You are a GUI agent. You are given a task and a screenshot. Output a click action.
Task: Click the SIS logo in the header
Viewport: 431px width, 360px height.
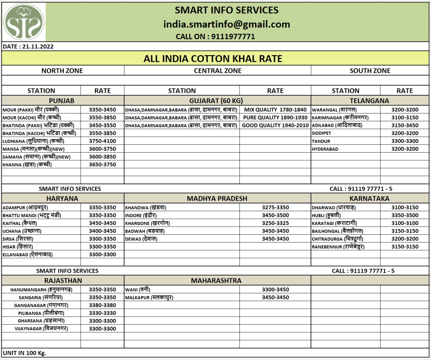[24, 22]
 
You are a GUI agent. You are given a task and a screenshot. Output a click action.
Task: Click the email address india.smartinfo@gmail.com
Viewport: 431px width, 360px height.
[226, 24]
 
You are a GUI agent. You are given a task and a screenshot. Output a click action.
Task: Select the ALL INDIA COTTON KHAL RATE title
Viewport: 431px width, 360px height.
[213, 59]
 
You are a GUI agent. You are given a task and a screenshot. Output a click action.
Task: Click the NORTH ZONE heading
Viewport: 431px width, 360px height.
[62, 71]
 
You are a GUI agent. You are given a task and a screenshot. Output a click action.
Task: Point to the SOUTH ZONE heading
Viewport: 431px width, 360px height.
[370, 71]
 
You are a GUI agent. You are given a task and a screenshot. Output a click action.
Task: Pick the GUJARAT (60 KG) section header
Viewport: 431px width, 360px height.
[216, 101]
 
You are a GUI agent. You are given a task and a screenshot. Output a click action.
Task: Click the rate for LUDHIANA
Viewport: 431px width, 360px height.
[102, 141]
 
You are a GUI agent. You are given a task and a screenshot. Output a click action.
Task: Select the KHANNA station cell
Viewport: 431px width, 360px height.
[27, 165]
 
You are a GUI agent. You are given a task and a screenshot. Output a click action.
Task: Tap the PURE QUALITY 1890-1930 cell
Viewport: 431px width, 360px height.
[275, 118]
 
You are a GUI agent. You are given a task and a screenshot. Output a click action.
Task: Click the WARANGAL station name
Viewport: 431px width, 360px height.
[334, 110]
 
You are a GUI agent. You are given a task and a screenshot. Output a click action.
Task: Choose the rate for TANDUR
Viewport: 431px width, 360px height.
[405, 141]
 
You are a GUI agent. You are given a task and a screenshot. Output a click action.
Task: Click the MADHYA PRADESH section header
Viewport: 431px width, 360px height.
[217, 199]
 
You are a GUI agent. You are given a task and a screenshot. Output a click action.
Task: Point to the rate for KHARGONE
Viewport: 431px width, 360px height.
[275, 223]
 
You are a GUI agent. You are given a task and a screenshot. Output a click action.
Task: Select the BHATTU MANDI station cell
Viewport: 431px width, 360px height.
[32, 216]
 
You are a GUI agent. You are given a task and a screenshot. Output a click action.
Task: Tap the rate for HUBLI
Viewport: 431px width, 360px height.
[405, 216]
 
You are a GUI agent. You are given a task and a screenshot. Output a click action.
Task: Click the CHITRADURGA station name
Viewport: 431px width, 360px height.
[337, 239]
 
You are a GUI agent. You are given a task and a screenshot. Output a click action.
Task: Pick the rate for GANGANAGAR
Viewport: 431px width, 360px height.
[102, 305]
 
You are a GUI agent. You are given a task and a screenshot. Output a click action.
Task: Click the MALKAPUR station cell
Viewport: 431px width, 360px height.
[149, 298]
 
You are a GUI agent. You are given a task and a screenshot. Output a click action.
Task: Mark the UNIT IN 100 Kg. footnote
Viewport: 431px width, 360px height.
[24, 353]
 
